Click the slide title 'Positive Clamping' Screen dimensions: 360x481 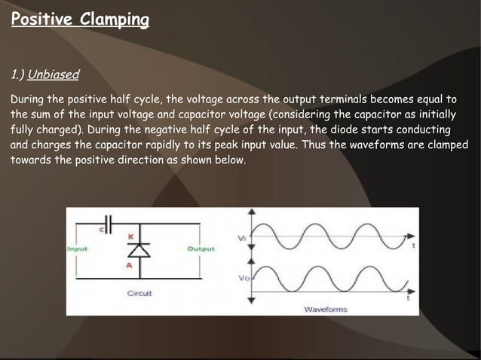click(80, 19)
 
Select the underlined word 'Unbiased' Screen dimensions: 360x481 click(54, 76)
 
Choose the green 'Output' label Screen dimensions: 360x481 click(201, 249)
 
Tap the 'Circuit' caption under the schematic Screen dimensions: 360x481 click(139, 293)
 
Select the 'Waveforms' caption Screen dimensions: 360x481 click(325, 309)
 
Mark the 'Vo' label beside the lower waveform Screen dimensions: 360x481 click(244, 279)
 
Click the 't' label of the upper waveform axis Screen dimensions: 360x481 click(412, 246)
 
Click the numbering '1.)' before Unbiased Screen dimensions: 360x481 click(17, 76)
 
